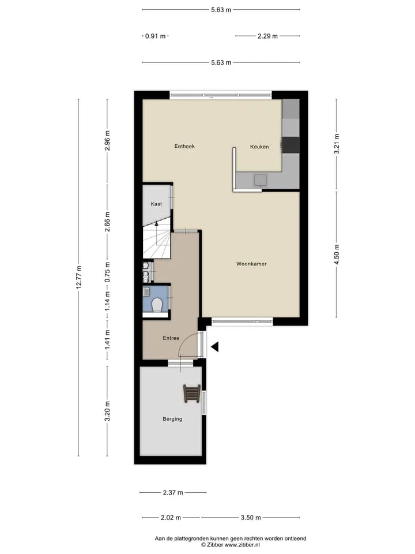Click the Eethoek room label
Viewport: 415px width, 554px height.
(x=184, y=146)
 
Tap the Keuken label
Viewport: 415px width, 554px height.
(x=259, y=147)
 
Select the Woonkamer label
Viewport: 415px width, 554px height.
(x=251, y=264)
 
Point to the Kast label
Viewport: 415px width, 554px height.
(x=156, y=204)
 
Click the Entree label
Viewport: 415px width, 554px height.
(x=171, y=338)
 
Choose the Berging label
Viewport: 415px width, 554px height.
(x=172, y=419)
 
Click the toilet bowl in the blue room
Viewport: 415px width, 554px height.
(x=156, y=305)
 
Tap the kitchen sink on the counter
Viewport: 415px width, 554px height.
(x=261, y=181)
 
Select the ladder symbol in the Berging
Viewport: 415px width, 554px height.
(x=192, y=393)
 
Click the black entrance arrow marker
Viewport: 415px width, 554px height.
(x=214, y=347)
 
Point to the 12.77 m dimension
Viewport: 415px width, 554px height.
(x=79, y=278)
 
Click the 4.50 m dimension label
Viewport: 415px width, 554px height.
(x=336, y=254)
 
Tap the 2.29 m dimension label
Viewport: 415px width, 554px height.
(x=267, y=36)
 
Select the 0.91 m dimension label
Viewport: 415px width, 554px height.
(x=155, y=36)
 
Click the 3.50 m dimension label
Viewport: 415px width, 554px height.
(x=251, y=518)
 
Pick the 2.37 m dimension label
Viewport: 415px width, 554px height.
(x=173, y=492)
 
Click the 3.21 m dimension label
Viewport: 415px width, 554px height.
(x=336, y=144)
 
